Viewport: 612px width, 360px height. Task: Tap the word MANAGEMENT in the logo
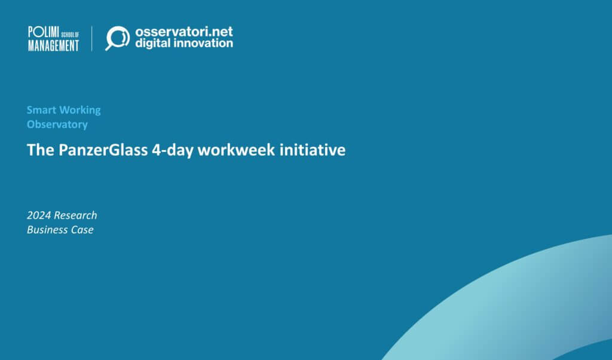(x=53, y=45)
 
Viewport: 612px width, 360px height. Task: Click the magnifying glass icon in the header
(x=117, y=38)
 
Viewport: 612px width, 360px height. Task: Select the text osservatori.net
(x=183, y=31)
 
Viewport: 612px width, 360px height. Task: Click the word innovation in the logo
(x=203, y=43)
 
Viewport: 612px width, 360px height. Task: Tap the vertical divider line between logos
(x=92, y=38)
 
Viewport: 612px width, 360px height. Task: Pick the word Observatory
(x=57, y=124)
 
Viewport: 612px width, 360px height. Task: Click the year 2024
(x=39, y=215)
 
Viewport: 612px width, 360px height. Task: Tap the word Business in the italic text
(x=47, y=230)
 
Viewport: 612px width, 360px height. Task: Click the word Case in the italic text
(x=82, y=230)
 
